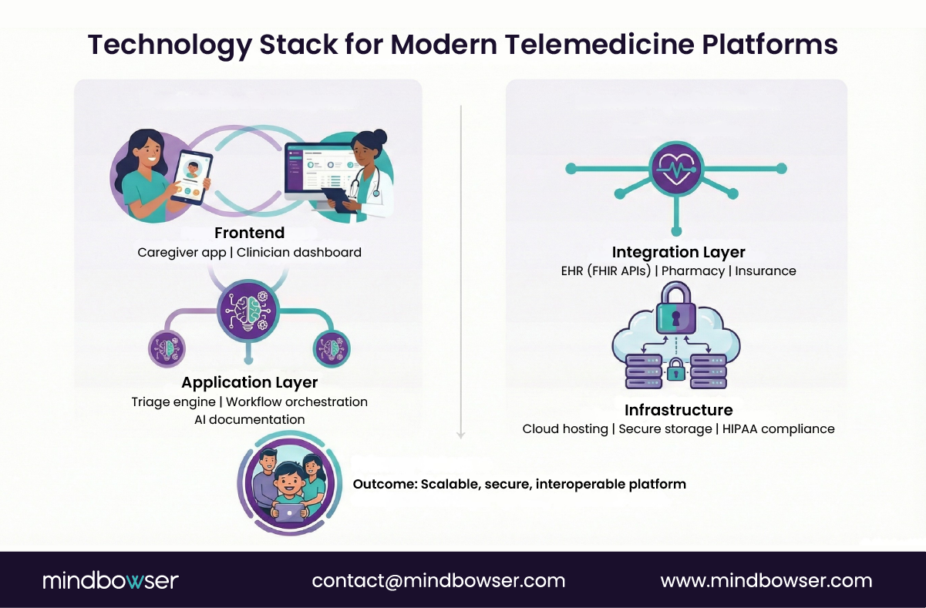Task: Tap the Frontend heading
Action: (x=249, y=233)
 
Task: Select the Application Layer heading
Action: (x=249, y=382)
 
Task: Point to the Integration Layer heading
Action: (x=679, y=252)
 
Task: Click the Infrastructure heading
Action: (x=679, y=409)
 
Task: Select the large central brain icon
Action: (x=248, y=311)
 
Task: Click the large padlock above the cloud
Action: (x=675, y=309)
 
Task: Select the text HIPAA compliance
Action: (x=779, y=428)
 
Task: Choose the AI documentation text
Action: (x=249, y=420)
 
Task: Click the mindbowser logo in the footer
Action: (x=110, y=580)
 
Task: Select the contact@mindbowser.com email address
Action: (x=439, y=580)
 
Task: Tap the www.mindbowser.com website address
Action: (x=766, y=580)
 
